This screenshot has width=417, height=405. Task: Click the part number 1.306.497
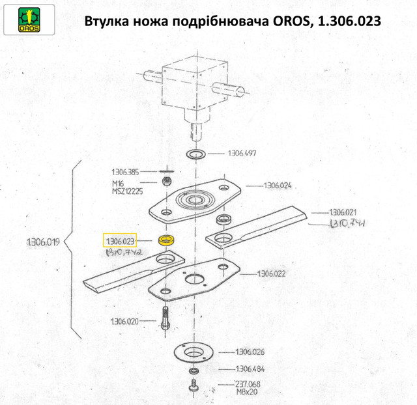click(x=242, y=154)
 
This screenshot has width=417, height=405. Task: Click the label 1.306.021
click(x=343, y=213)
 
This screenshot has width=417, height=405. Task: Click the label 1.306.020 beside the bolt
click(x=124, y=322)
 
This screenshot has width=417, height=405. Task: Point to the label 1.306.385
click(x=126, y=172)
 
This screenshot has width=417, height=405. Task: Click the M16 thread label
click(x=118, y=184)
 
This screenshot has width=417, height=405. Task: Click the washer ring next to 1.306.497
click(x=195, y=155)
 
